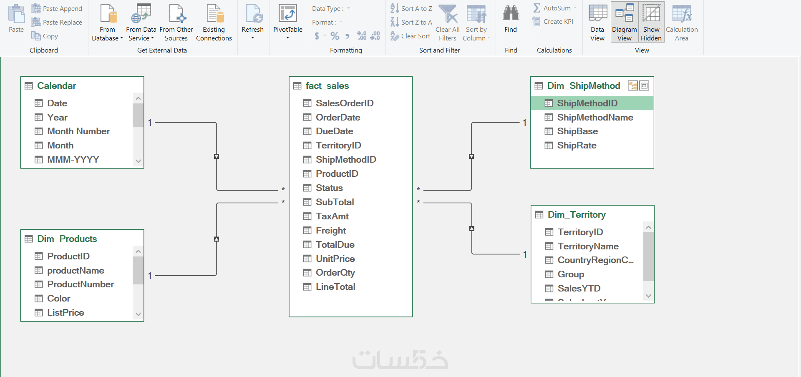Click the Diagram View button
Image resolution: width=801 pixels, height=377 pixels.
[624, 22]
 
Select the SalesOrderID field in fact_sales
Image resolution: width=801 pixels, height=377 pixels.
[344, 103]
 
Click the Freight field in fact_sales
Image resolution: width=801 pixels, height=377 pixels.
[330, 230]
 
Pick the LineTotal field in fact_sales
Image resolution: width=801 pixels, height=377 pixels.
[335, 287]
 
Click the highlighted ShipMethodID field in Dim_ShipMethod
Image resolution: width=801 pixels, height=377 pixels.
[587, 103]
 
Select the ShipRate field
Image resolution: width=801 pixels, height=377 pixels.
[577, 145]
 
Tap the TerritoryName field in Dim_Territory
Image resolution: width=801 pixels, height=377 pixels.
[588, 246]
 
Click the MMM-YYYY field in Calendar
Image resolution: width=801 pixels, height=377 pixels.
[73, 159]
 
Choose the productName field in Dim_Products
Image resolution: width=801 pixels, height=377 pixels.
[76, 270]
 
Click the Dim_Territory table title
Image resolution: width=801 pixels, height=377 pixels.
[576, 214]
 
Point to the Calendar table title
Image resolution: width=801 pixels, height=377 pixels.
[56, 85]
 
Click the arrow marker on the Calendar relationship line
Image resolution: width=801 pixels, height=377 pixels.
[217, 156]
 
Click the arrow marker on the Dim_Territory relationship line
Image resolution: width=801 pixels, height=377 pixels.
[472, 229]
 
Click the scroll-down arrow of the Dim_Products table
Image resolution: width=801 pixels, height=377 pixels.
[138, 314]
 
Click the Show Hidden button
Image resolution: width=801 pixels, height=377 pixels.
[651, 22]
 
